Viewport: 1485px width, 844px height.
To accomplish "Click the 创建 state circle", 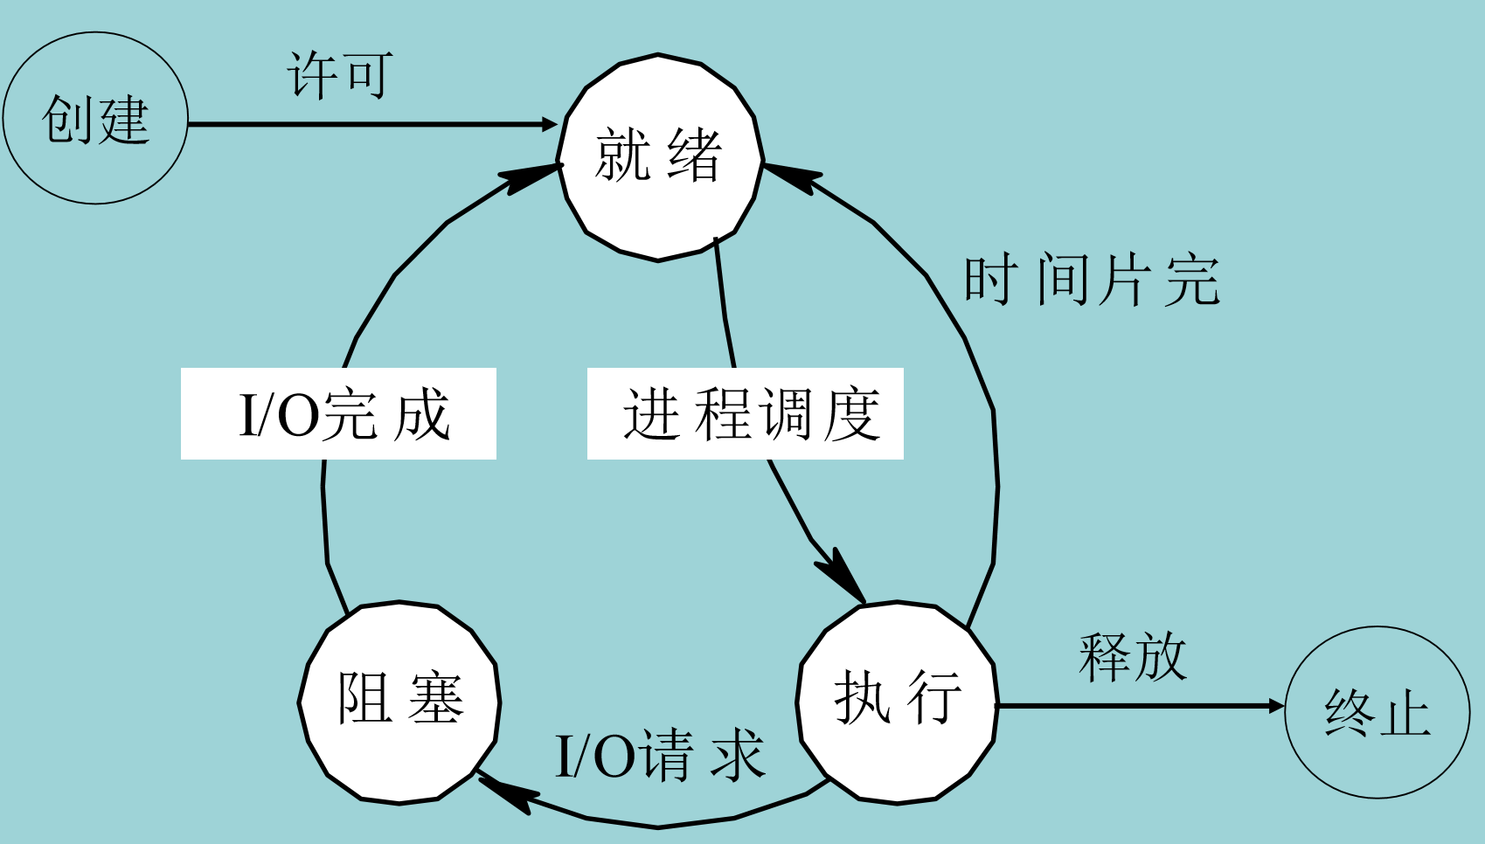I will tap(95, 118).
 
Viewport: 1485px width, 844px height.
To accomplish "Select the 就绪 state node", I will tap(660, 157).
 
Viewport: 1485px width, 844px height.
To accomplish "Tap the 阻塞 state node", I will tap(399, 702).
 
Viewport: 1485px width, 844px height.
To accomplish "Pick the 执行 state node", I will tap(898, 702).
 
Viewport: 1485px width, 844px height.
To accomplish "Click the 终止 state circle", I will tap(1377, 712).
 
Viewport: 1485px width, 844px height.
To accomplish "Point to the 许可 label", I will tap(340, 75).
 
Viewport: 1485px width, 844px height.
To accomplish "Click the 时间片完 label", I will tap(1091, 280).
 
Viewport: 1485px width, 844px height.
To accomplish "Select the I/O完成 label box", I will tap(339, 414).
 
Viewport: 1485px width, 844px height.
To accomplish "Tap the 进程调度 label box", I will tap(746, 414).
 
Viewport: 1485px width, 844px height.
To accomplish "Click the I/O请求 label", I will tap(660, 756).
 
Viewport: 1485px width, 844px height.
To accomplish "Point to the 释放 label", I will tap(1133, 657).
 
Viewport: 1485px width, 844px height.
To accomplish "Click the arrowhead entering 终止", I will tap(1276, 705).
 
